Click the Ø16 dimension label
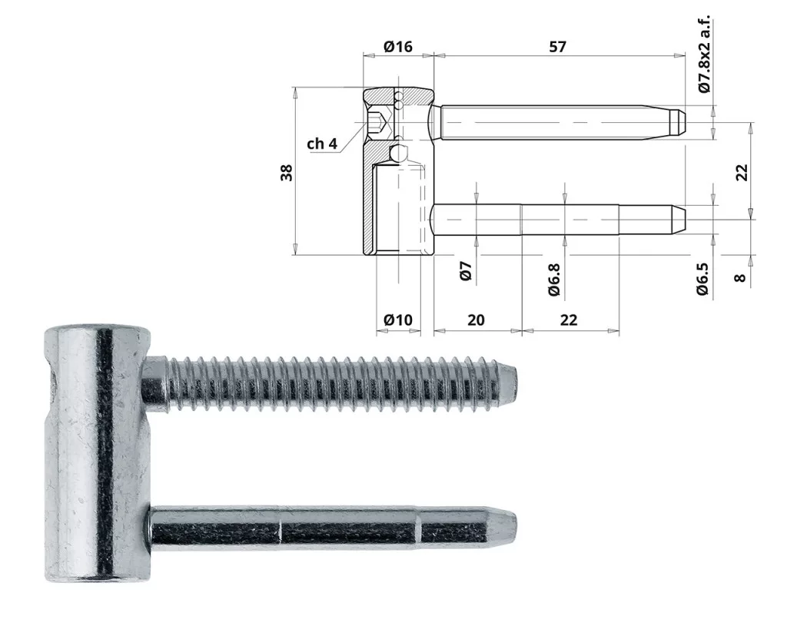click(398, 47)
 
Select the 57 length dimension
click(557, 47)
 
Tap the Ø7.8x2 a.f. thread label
click(704, 54)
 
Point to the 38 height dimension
click(287, 173)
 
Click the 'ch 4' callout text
click(322, 144)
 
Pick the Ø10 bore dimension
click(398, 319)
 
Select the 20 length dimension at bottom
click(476, 319)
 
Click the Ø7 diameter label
click(466, 271)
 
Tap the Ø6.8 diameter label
click(553, 280)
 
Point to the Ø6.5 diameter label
click(702, 279)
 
